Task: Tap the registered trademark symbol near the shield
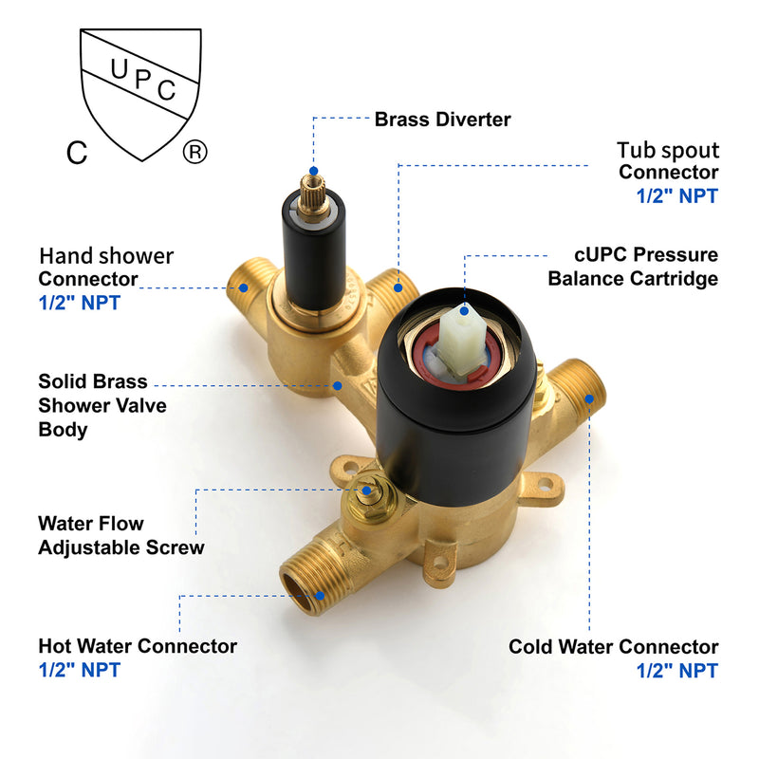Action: [x=194, y=152]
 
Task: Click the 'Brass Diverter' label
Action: [x=442, y=119]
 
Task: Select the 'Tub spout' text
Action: [x=668, y=150]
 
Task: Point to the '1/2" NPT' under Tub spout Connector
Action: [x=676, y=196]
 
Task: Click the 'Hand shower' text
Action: [x=106, y=255]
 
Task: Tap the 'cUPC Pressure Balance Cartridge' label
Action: [x=632, y=267]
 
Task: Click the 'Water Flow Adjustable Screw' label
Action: [x=120, y=535]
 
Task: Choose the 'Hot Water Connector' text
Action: [x=138, y=646]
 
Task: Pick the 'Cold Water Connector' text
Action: [x=613, y=647]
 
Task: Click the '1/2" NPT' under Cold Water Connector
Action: [x=676, y=671]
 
